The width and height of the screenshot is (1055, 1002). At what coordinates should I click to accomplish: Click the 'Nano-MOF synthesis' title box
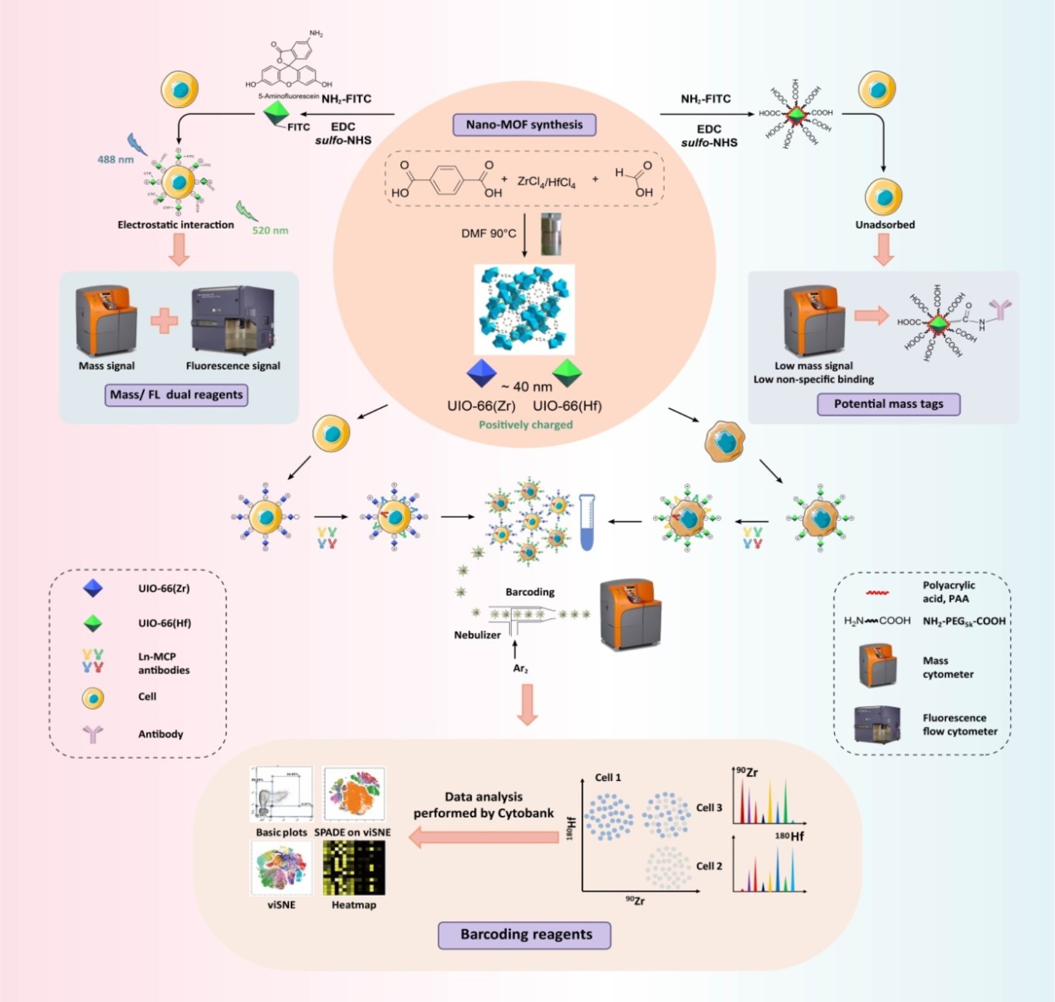524,125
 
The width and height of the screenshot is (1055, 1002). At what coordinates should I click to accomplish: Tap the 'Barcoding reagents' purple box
525,935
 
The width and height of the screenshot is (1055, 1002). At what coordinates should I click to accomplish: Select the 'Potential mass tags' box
888,404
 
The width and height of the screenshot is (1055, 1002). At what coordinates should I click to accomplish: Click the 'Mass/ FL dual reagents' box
176,395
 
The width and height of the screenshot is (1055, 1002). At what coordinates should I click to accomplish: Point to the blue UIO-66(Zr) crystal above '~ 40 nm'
481,373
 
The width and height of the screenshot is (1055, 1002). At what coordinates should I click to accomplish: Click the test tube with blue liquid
588,522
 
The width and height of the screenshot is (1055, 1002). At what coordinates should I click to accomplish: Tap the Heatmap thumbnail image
354,868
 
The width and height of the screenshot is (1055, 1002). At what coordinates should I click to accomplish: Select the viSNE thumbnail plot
281,868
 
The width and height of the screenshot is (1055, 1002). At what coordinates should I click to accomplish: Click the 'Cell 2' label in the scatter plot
709,866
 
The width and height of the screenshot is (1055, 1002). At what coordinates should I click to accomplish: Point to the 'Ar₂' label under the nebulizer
520,668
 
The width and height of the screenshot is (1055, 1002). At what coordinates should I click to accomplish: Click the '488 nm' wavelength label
115,159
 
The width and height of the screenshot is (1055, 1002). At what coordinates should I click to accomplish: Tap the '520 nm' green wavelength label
270,231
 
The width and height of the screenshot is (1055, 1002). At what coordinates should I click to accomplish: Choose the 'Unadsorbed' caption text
885,225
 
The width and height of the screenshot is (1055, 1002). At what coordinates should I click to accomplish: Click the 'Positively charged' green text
525,424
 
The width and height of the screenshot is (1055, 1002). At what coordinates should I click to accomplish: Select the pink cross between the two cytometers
164,321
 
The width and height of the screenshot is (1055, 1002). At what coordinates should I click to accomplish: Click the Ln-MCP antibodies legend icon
93,661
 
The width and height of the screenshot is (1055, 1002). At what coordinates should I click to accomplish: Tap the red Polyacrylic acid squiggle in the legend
877,593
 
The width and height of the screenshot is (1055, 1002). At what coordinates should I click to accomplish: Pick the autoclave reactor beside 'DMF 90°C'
551,234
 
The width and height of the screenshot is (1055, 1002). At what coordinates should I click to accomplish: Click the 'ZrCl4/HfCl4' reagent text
546,182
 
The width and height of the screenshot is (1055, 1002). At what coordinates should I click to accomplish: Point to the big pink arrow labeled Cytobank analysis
484,837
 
